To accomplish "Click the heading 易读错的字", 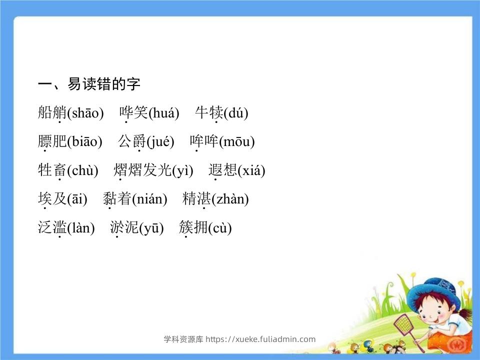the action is point(104,84).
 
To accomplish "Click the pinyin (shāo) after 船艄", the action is point(85,113).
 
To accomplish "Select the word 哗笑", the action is point(134,112).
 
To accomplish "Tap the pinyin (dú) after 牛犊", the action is point(236,113).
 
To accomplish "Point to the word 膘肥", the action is point(52,141).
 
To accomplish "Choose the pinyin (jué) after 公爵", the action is point(160,141).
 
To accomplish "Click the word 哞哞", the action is point(204,141).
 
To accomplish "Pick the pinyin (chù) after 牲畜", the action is point(82,170).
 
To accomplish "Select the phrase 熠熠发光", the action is point(142,170).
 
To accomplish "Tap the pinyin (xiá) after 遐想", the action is point(251,170).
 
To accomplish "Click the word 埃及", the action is point(52,198).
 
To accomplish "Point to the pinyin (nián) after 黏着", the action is point(149,199).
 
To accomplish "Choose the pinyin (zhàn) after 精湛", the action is point(230,199).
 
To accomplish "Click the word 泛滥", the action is point(52,227).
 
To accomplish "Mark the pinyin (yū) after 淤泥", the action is point(151,228).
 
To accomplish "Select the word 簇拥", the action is point(193,227).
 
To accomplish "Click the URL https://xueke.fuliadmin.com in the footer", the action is point(260,339).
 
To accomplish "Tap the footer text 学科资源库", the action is point(183,339).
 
